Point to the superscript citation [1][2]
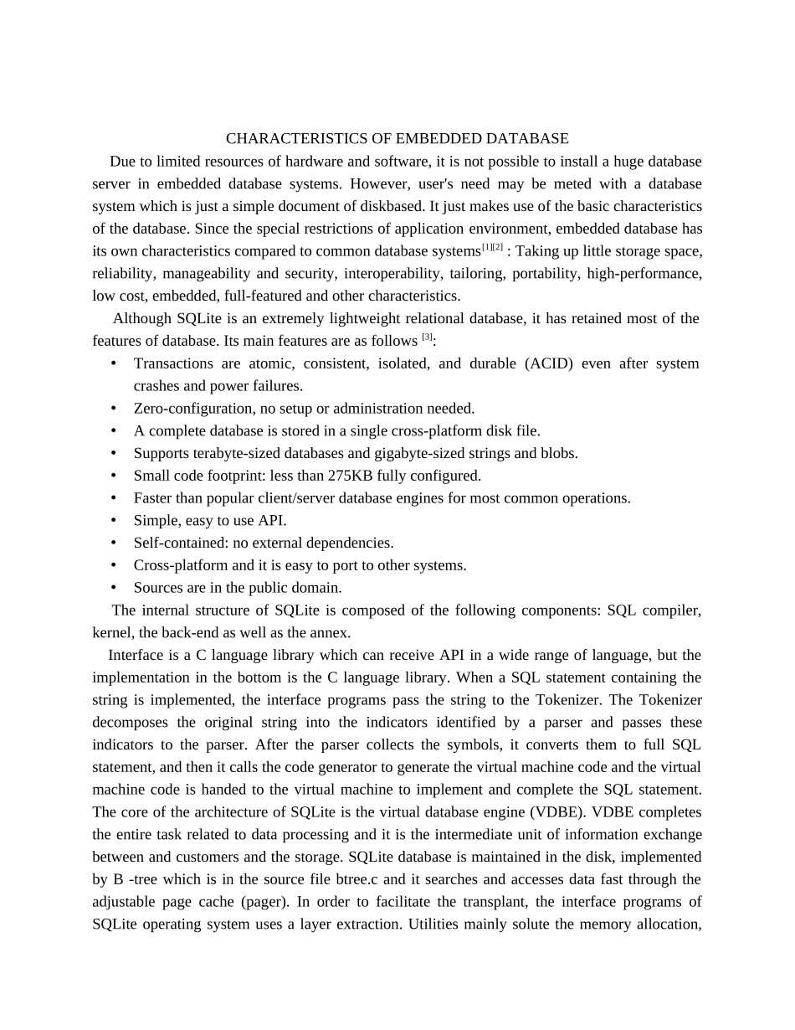[492, 247]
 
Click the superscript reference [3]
[427, 337]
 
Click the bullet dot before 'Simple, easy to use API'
[113, 521]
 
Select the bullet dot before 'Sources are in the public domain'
[113, 588]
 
